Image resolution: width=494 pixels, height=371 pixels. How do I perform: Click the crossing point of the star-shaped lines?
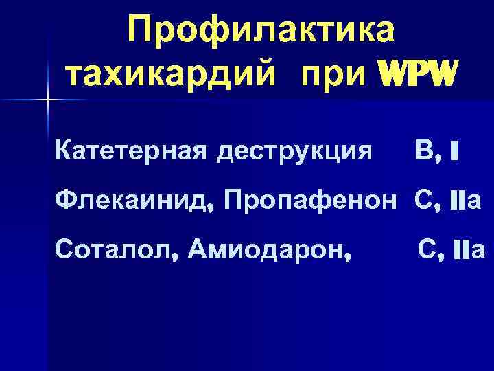coord(47,101)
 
